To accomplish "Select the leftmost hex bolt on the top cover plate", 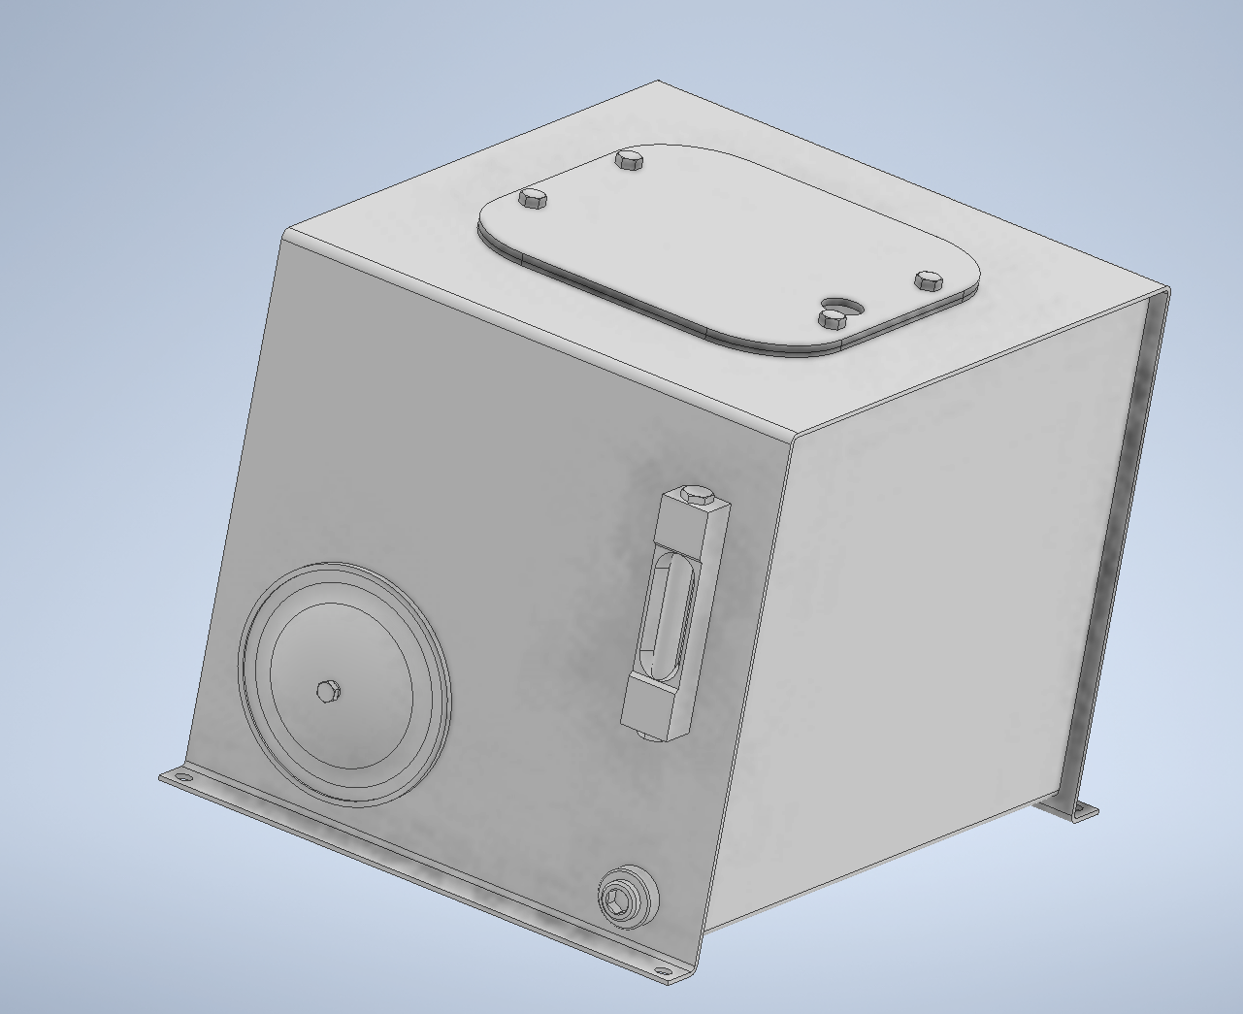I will pyautogui.click(x=533, y=198).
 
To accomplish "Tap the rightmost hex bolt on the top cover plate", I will pyautogui.click(x=929, y=280).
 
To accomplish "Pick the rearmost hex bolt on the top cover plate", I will pyautogui.click(x=630, y=158).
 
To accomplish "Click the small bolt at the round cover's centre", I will pyautogui.click(x=328, y=691).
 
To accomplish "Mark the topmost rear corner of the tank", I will pyautogui.click(x=659, y=82).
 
